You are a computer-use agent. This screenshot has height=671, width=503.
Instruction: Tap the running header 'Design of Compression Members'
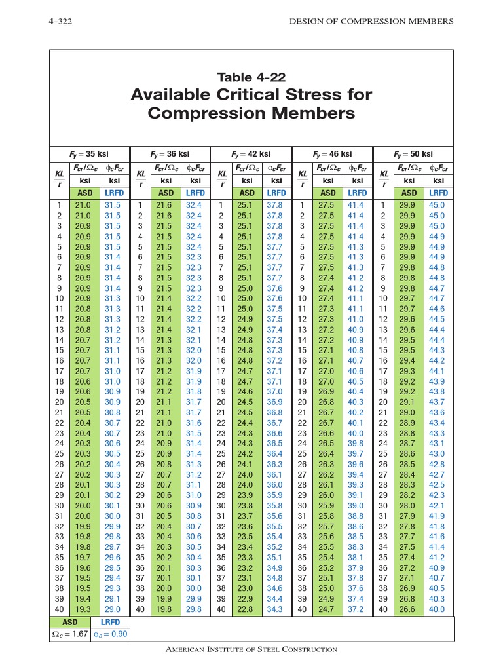coord(371,22)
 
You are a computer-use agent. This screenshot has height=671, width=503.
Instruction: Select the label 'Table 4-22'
coord(251,77)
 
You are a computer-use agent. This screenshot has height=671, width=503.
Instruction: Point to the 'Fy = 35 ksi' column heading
coord(89,154)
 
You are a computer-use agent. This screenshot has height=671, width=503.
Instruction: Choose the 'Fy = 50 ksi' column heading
coord(413,154)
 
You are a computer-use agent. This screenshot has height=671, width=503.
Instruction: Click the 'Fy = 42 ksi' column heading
coord(251,154)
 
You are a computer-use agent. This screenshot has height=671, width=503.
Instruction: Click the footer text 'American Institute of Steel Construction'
coord(251,649)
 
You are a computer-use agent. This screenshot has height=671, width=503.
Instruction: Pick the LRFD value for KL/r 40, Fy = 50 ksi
coord(437,609)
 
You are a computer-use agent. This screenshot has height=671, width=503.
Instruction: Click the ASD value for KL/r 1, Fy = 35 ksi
coord(84,205)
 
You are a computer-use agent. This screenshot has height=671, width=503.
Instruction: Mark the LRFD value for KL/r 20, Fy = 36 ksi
coord(194,402)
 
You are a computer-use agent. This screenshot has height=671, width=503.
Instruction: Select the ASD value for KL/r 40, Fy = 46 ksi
coord(326,609)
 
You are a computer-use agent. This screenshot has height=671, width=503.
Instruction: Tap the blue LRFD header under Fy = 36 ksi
coord(195,193)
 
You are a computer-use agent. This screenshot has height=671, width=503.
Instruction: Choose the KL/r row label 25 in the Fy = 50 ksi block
coord(383,453)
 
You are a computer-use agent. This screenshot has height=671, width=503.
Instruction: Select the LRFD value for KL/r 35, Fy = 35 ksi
coord(113,558)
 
